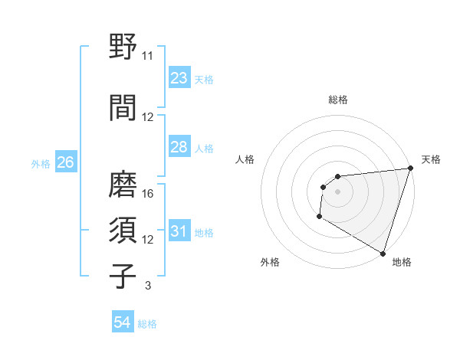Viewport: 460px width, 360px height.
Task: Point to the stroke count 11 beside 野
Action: coord(148,56)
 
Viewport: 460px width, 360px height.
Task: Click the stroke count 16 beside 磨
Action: coord(149,193)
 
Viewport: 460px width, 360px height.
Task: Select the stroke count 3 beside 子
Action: coord(147,286)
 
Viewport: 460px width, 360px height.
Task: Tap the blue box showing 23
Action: coord(179,77)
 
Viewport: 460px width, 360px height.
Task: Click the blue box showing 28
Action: coord(179,147)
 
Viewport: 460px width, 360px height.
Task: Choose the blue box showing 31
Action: coord(179,231)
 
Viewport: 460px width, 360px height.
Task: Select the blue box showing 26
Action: coord(65,162)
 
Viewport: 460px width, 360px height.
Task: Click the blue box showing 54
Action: coord(122,322)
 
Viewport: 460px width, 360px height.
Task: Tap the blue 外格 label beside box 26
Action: coord(41,163)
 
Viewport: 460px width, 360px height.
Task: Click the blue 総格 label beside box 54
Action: coord(147,324)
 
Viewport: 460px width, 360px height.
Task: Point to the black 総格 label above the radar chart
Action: coord(337,100)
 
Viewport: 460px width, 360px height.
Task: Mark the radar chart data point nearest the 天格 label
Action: coord(410,169)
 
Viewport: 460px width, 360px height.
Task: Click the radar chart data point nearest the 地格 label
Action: coord(383,253)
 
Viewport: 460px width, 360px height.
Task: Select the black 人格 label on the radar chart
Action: coord(245,159)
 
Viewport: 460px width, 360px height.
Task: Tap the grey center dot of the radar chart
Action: coord(337,191)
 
